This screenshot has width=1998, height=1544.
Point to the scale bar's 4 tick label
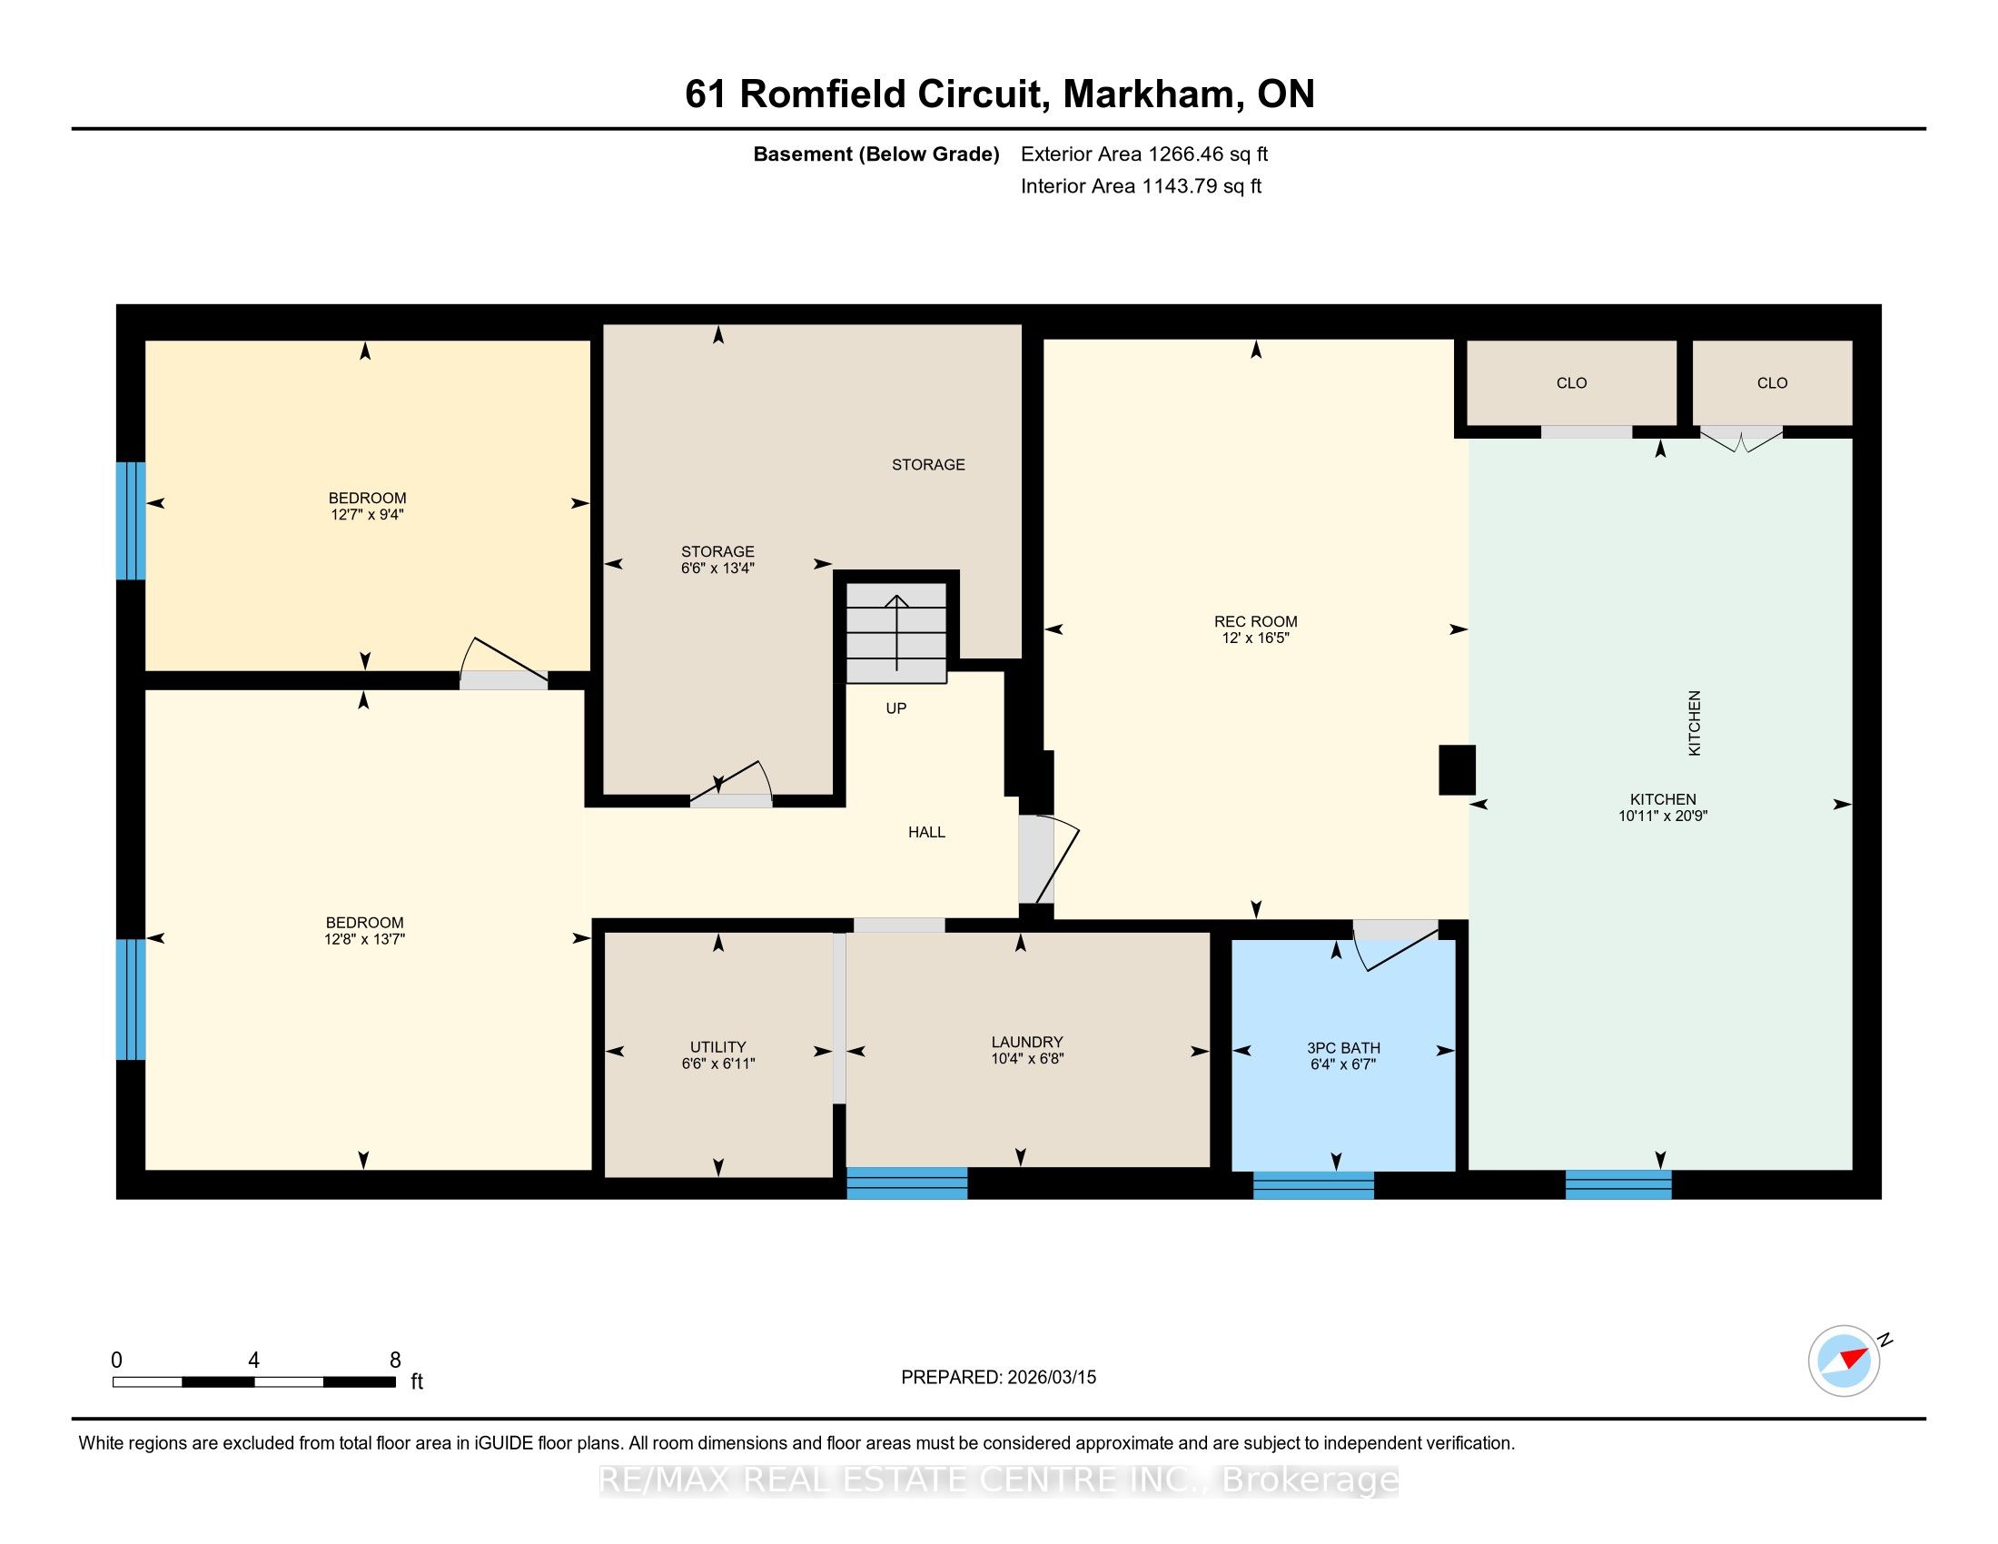[x=253, y=1361]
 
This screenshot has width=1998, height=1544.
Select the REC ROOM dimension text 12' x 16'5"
[x=1255, y=638]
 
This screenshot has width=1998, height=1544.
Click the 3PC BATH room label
[x=1343, y=1048]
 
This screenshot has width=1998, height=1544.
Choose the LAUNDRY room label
[x=1026, y=1042]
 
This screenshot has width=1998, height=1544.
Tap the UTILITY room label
[x=718, y=1046]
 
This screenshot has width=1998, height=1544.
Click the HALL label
[x=926, y=831]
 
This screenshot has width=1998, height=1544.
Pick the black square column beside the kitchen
[x=1457, y=769]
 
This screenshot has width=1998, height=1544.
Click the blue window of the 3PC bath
[x=1313, y=1184]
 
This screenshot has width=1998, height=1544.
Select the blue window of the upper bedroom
[x=131, y=520]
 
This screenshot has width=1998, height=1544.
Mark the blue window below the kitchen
[x=1618, y=1184]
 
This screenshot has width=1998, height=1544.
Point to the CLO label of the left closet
[x=1572, y=383]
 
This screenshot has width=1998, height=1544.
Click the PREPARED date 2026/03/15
[x=1051, y=1377]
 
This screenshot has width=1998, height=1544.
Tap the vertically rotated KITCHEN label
[x=1694, y=723]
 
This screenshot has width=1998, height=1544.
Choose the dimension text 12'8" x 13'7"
[x=364, y=938]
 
